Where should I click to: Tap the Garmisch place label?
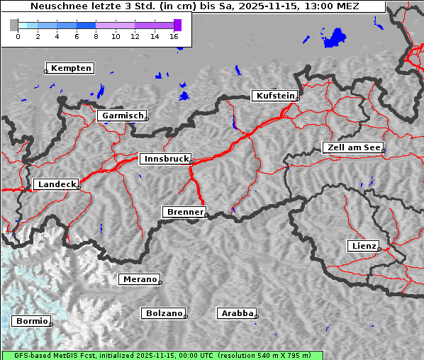(123, 116)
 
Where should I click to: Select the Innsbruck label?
(165, 159)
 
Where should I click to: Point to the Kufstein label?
(275, 96)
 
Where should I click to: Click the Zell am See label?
(352, 147)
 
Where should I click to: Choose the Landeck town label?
(56, 184)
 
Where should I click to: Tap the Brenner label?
(185, 212)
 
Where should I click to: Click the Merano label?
(139, 279)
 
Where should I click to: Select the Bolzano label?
(164, 313)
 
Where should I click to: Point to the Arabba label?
(237, 313)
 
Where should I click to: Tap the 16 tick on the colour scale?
(174, 35)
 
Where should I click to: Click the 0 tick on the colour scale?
(18, 35)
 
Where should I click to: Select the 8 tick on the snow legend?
(96, 35)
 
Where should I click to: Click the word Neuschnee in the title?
(57, 6)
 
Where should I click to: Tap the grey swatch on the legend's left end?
(14, 25)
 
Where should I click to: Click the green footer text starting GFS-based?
(162, 355)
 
